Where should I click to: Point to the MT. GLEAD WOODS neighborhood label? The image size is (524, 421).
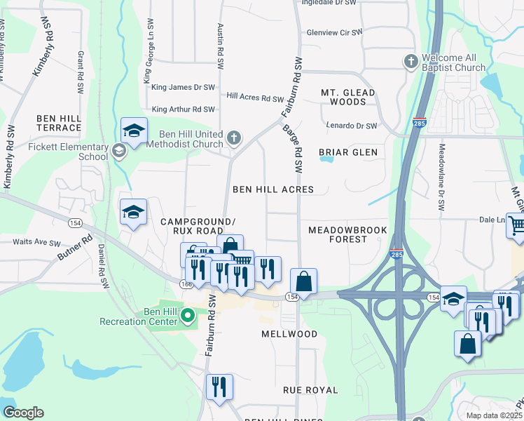coord(348,97)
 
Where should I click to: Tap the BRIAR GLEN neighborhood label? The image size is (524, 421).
coord(347,152)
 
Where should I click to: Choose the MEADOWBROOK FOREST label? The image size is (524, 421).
coord(347,234)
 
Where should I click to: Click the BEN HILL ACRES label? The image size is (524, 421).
coord(273,189)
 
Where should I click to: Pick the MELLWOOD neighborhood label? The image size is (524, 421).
coord(289,334)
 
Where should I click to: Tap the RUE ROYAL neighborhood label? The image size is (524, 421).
coord(310,389)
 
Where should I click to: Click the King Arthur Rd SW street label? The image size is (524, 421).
coord(183,109)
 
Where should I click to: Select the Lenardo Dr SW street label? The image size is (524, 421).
coord(352,126)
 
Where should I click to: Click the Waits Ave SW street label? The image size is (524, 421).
coord(37,242)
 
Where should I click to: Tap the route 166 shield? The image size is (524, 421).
coord(184,283)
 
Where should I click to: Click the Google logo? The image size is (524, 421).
coord(23,413)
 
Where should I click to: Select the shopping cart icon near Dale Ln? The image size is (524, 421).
coord(516,226)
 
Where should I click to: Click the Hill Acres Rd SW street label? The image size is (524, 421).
coord(255,97)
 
